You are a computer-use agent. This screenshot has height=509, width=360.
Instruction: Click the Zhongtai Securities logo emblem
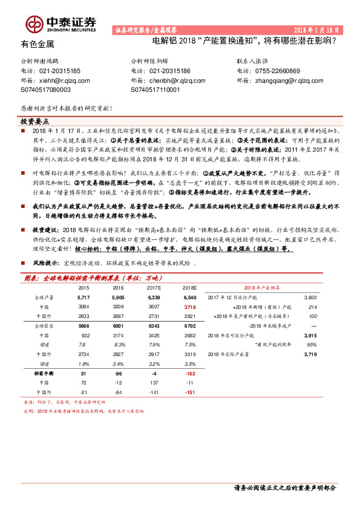pyautogui.click(x=34, y=23)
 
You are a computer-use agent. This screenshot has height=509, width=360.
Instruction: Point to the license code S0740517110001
pyautogui.click(x=155, y=89)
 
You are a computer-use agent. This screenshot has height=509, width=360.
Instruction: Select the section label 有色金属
pyautogui.click(x=38, y=44)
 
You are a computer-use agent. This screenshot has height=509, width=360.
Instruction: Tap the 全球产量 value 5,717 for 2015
pyautogui.click(x=83, y=298)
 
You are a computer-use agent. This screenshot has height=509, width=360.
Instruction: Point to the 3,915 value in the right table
pyautogui.click(x=310, y=336)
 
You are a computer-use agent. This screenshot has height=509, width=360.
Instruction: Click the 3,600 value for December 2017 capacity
pyautogui.click(x=310, y=298)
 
